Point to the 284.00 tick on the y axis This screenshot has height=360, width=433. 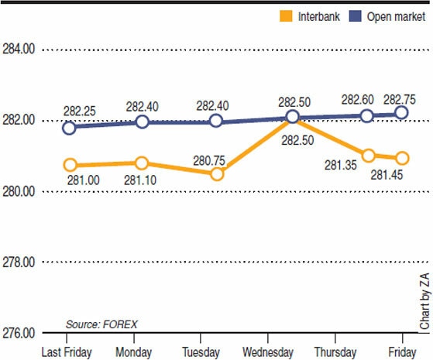pos(19,50)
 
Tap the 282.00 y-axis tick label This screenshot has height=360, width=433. pos(19,121)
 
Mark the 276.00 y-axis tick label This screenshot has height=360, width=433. pos(19,334)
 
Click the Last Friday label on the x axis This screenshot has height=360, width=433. pos(67,351)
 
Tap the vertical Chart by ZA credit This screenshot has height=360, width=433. pos(424,302)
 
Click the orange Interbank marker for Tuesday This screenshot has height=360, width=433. pos(217,174)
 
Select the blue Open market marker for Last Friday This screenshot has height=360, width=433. pos(70,128)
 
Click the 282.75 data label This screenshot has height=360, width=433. pos(400,98)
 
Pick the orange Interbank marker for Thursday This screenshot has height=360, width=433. pos(369,156)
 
